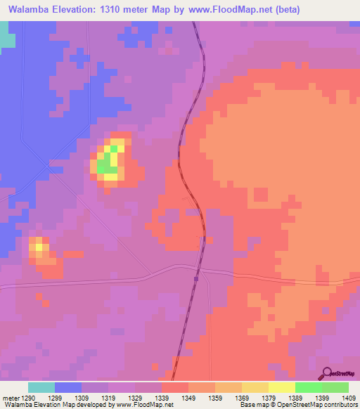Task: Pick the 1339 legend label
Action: pos(162,398)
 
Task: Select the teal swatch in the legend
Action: pos(41,387)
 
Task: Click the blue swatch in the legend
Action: pos(68,387)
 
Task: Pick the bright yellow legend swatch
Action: pos(282,387)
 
